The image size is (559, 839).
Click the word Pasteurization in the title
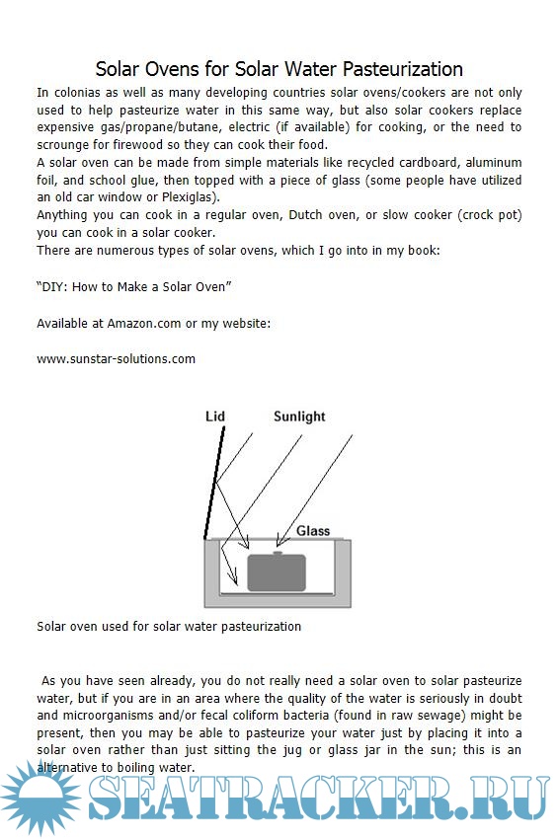(403, 69)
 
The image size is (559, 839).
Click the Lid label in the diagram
(215, 417)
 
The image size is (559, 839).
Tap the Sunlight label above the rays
(299, 417)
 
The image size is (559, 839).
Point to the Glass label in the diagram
(313, 531)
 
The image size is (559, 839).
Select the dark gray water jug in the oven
(277, 572)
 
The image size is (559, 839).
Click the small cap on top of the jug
(278, 553)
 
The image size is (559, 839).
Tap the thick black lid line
(214, 483)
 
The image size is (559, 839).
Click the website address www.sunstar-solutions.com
(117, 359)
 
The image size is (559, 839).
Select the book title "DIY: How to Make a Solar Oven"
(134, 287)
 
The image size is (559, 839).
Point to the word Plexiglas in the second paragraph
(190, 197)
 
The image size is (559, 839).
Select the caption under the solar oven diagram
(169, 627)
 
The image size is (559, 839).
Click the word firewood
(137, 145)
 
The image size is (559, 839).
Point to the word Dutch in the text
(306, 215)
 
